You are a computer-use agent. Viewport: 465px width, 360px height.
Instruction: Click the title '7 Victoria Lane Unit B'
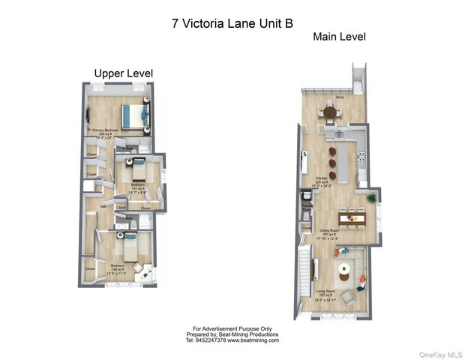(x=232, y=23)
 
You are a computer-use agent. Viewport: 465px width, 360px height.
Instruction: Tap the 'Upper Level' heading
(x=123, y=73)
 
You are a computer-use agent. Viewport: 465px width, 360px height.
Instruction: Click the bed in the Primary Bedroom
(x=135, y=115)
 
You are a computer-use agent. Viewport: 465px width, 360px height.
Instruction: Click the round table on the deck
(x=331, y=112)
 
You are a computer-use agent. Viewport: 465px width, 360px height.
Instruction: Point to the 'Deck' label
(x=340, y=97)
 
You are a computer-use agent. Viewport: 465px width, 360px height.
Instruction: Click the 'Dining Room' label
(x=331, y=231)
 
